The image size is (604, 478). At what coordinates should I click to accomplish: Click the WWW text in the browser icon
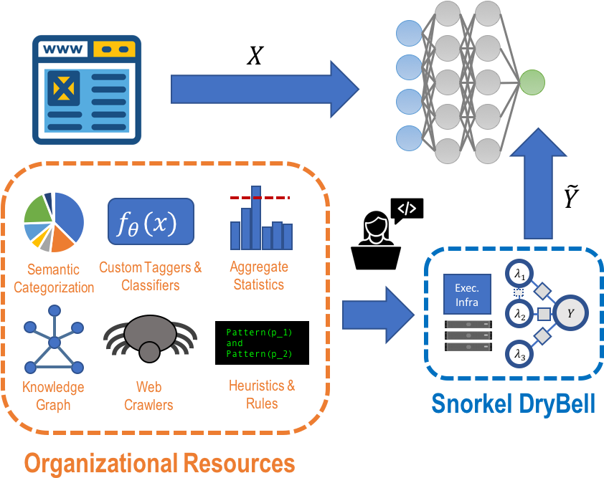coord(64,50)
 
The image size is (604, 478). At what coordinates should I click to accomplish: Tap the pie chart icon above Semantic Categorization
coord(54,222)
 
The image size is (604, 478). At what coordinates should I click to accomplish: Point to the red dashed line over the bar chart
coord(259,197)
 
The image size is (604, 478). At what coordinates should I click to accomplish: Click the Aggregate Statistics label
coord(259,276)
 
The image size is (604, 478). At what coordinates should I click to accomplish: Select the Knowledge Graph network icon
coord(55,341)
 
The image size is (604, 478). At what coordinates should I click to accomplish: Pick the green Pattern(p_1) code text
coord(259,333)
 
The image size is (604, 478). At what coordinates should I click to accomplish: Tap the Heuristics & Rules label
coord(261,394)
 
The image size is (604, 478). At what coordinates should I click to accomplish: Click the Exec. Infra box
coord(467,294)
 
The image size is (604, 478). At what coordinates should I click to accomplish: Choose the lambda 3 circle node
coord(519,353)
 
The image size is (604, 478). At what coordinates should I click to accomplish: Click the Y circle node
coord(570,314)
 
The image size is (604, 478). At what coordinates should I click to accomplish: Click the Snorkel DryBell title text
coord(513,403)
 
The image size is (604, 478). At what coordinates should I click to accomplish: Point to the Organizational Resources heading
coord(159,462)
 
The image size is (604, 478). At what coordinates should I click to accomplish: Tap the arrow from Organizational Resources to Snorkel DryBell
coord(379,315)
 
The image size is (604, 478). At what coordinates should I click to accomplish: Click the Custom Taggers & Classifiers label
coord(151,277)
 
